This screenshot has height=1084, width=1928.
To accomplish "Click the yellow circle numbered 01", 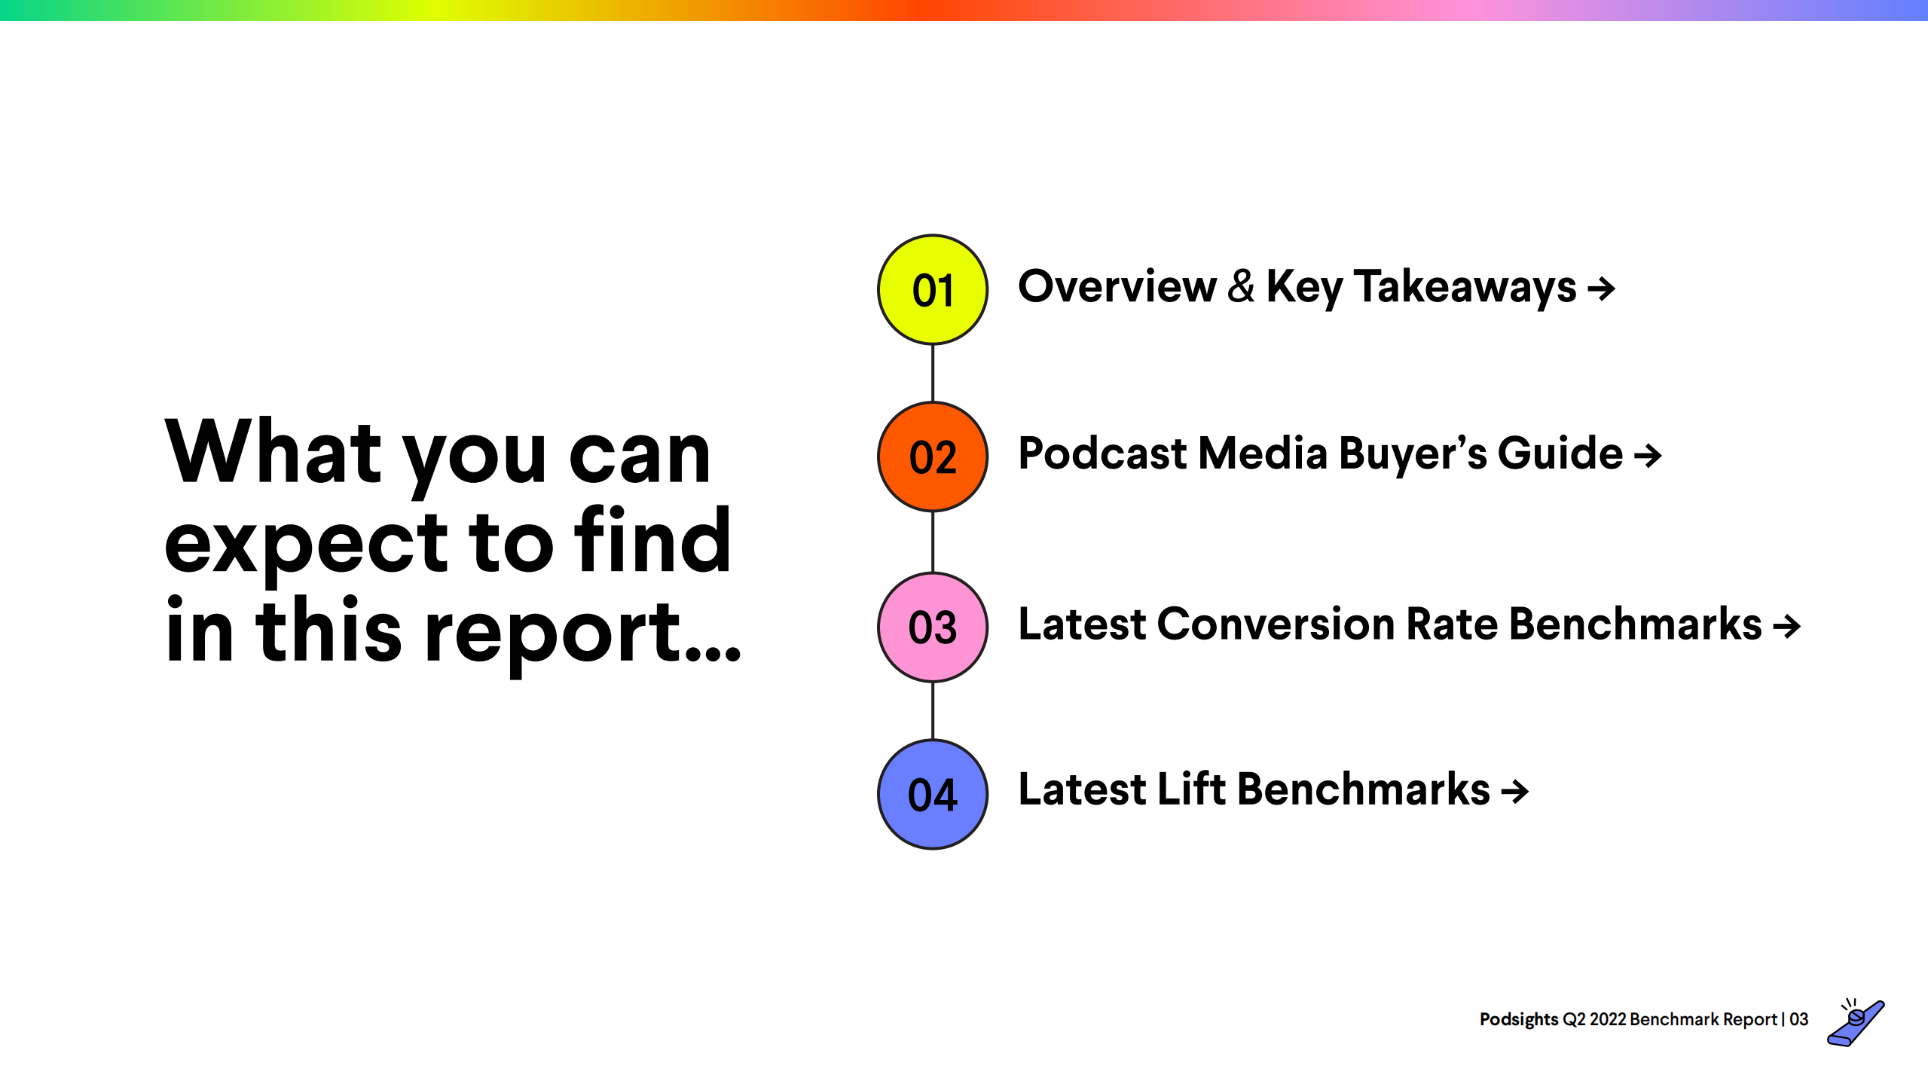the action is [933, 289].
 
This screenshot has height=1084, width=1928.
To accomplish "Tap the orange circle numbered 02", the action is [933, 457].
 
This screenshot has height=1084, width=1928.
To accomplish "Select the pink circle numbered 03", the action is [933, 627].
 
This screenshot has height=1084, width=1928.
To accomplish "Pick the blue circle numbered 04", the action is [933, 794].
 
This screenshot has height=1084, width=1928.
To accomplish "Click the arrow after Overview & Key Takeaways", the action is [1601, 288].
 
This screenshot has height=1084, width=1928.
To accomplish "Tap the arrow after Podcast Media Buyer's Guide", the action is [1648, 455].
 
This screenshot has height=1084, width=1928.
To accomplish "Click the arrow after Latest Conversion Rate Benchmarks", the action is [1786, 625].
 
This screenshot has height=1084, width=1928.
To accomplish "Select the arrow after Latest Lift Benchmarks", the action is [1514, 791].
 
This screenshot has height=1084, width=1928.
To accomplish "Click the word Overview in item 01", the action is [1117, 286].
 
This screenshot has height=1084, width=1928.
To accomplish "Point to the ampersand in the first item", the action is [1241, 286].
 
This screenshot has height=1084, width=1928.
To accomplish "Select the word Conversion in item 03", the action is [1276, 624].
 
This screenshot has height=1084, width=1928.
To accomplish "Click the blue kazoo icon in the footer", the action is [1856, 1021].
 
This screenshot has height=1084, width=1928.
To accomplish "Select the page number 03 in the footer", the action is [1799, 1019].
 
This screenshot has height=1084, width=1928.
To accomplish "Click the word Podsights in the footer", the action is [1519, 1019].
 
